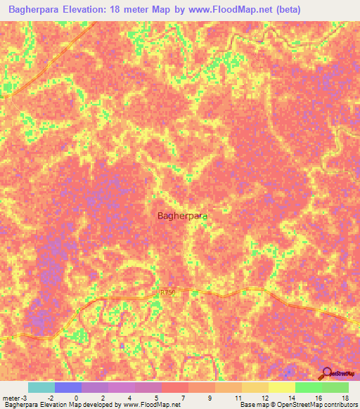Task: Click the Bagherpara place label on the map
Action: point(181,216)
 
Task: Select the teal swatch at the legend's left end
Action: point(41,387)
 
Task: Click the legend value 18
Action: point(345,397)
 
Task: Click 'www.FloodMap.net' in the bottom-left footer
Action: point(149,405)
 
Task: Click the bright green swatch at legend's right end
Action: point(335,387)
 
